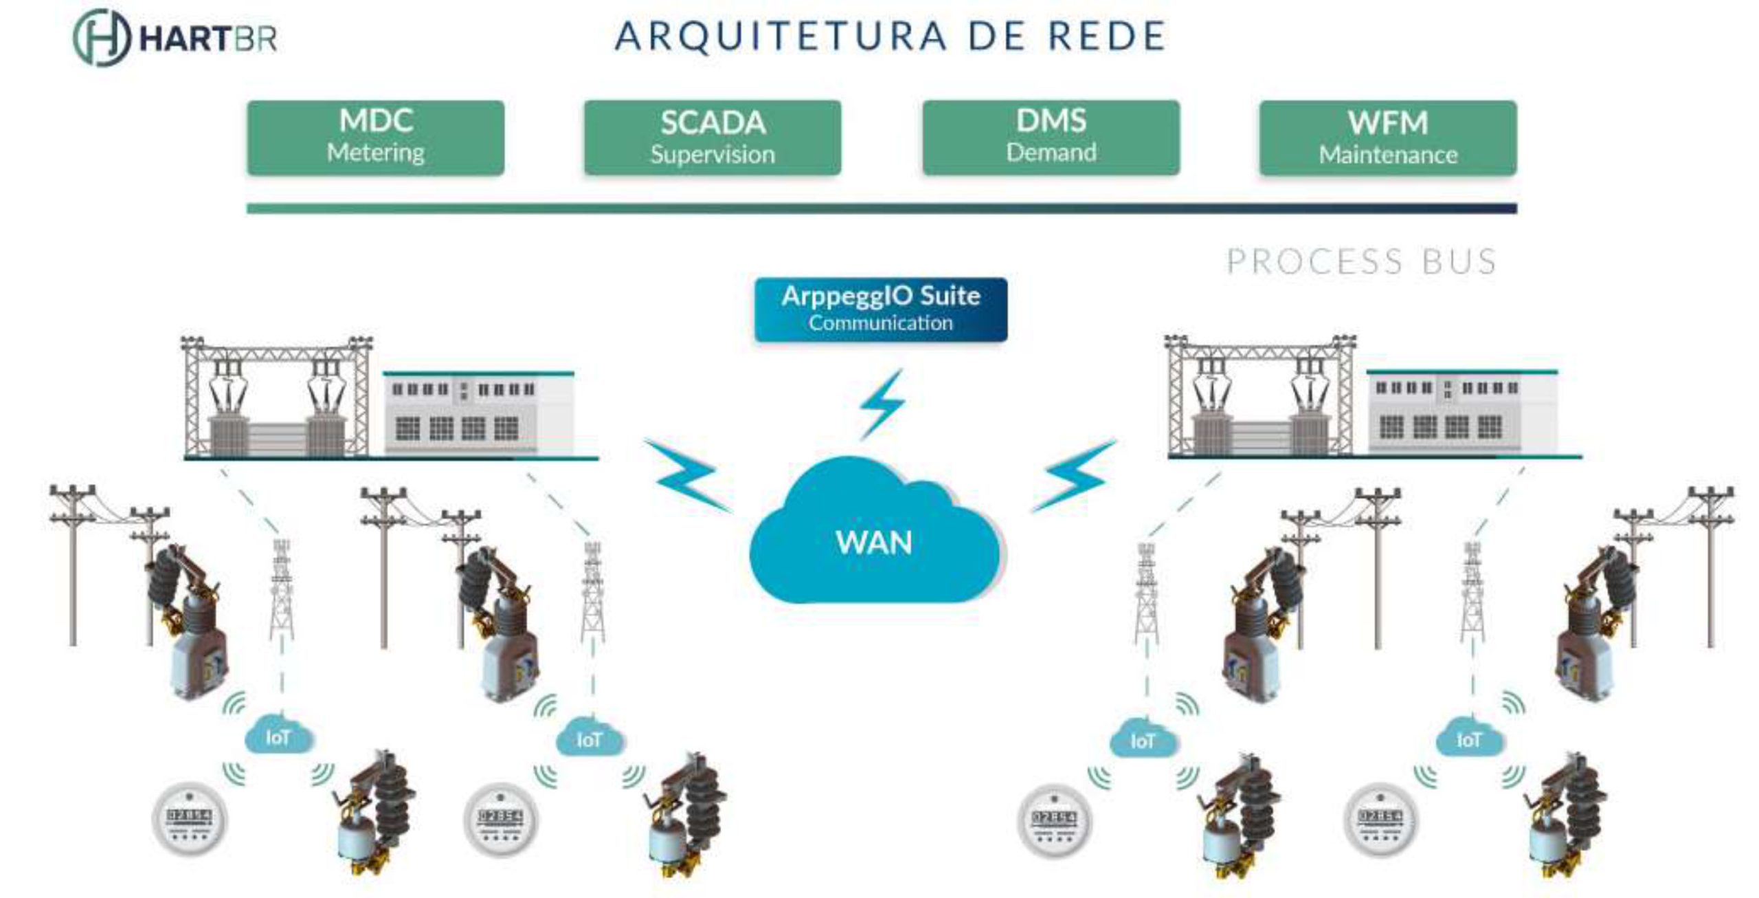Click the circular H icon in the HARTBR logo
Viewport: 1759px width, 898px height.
coord(101,38)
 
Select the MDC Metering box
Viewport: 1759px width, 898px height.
coord(376,138)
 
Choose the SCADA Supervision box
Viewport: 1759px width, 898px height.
coord(713,138)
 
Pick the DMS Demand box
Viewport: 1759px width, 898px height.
coord(1051,138)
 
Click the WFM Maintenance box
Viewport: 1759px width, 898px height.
coord(1388,138)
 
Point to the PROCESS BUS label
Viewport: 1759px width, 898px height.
coord(1361,262)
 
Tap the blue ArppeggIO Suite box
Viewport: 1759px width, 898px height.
coord(881,309)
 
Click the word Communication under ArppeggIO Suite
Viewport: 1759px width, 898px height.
coord(880,323)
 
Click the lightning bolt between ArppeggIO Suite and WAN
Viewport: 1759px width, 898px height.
coord(883,404)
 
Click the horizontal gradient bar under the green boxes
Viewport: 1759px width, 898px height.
coord(882,208)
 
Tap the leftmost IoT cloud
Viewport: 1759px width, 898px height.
coord(278,736)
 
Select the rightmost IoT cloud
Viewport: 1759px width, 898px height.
coord(1469,739)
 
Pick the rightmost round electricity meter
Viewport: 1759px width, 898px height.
coord(1380,819)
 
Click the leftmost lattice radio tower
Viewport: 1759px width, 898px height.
coord(282,591)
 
